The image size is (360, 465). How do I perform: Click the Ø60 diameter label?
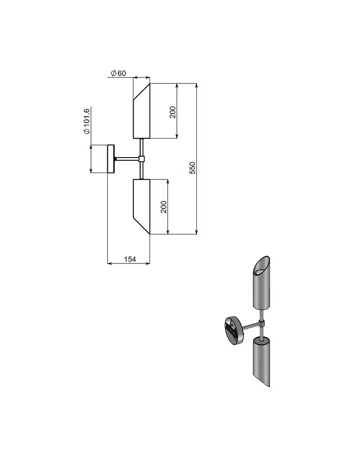[x=119, y=73]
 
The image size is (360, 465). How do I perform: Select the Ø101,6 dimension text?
[x=87, y=121]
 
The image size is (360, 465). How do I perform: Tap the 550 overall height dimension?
[x=193, y=168]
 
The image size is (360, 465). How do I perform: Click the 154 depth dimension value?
[x=130, y=259]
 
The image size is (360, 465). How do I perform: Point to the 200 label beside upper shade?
[x=173, y=112]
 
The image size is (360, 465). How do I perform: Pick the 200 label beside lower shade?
[x=164, y=207]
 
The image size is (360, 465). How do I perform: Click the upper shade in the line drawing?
[x=141, y=111]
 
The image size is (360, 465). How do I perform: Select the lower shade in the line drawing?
[x=141, y=207]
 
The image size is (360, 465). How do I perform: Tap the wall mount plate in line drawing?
[x=111, y=158]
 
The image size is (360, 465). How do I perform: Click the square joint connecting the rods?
[x=141, y=158]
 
